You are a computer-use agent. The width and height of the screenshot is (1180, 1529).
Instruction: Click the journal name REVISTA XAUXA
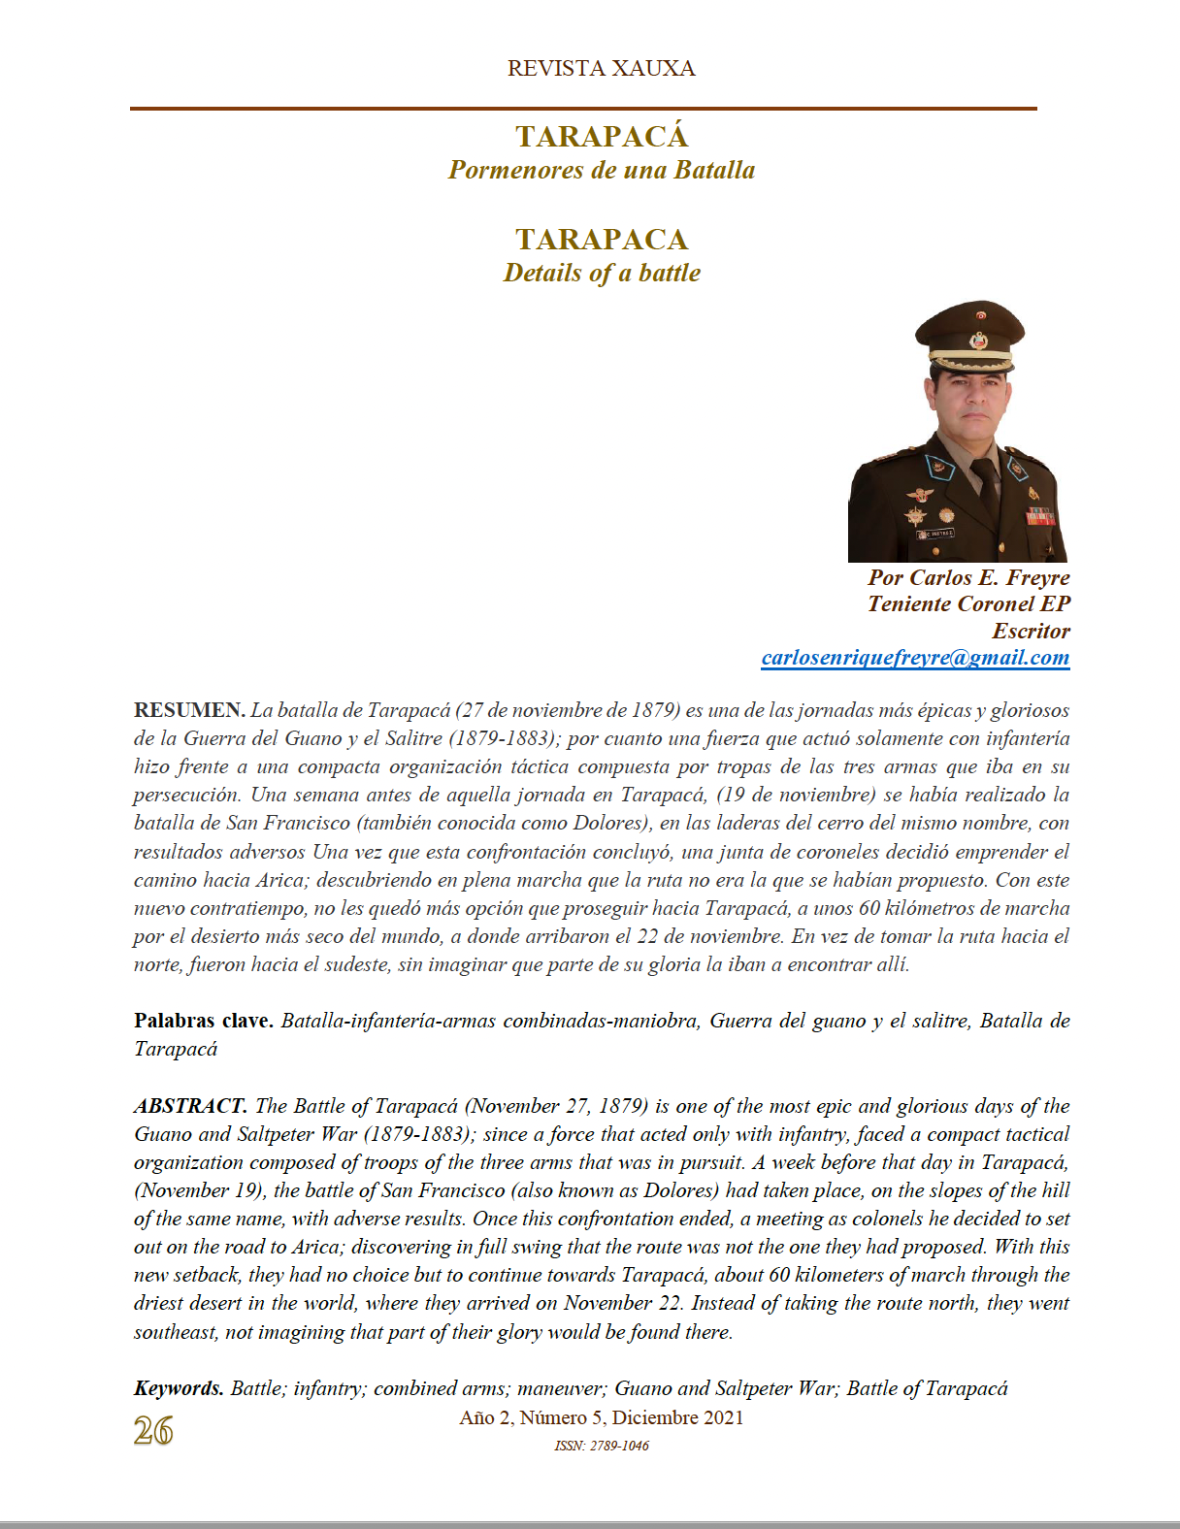click(601, 69)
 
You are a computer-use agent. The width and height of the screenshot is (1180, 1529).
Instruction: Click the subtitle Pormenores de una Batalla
click(601, 170)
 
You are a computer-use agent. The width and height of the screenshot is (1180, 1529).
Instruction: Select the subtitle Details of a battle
click(601, 273)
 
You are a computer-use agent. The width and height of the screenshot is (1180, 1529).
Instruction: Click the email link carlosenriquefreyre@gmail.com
click(915, 658)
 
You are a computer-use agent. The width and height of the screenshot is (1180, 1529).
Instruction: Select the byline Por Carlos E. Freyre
click(968, 577)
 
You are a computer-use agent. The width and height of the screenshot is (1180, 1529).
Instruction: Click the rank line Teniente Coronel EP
click(968, 603)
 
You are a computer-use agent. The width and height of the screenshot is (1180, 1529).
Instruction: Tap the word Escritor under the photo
click(1031, 631)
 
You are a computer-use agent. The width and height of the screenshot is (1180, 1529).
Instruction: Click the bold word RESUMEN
click(188, 710)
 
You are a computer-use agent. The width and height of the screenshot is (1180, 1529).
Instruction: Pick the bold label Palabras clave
click(203, 1021)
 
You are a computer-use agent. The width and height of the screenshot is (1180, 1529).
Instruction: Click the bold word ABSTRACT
click(190, 1106)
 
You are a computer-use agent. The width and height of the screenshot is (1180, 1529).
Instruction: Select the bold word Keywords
click(179, 1388)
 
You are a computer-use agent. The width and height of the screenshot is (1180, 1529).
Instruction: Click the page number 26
click(153, 1431)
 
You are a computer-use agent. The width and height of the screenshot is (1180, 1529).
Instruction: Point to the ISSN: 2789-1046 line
click(601, 1446)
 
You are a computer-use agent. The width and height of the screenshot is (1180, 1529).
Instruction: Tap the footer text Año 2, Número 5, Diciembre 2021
click(601, 1417)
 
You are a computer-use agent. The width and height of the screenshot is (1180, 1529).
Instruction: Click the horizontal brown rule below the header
click(583, 109)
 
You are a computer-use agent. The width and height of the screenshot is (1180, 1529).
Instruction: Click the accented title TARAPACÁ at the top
click(601, 137)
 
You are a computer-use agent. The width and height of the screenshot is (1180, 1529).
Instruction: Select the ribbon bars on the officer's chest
click(1040, 516)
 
